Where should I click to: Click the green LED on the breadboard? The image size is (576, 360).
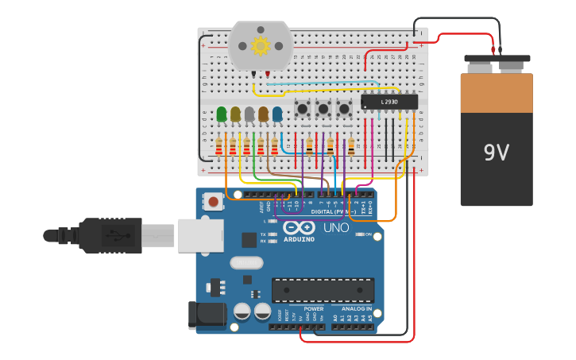222,114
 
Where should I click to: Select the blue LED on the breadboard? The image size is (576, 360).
277,114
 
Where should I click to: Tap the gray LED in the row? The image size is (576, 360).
249,114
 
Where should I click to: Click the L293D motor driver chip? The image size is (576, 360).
389,102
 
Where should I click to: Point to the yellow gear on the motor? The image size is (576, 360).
261,45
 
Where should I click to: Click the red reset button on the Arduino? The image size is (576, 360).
213,202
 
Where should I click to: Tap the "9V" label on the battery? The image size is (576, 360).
496,153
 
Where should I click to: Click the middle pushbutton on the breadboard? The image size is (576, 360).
323,108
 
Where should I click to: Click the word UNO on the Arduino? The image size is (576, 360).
336,228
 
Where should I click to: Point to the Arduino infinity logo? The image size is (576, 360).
299,227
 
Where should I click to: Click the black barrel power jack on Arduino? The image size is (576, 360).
205,315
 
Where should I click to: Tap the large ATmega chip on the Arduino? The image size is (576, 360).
323,290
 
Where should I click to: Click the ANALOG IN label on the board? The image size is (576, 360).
356,308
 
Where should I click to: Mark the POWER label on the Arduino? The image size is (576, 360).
313,308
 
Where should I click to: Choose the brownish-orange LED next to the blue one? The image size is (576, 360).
263,114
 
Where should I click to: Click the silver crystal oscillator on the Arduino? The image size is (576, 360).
245,262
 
